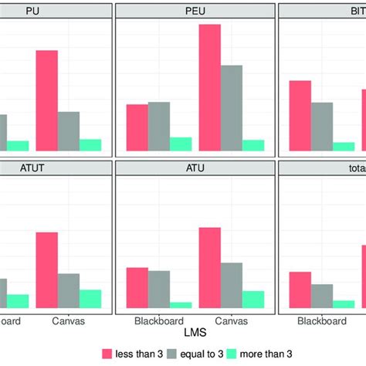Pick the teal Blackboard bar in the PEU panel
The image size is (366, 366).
(181, 144)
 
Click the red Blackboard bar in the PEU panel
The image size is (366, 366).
(137, 127)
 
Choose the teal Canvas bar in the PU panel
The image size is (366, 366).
(90, 144)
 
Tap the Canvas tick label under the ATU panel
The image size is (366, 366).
(232, 320)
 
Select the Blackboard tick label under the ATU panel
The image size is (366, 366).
(159, 320)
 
